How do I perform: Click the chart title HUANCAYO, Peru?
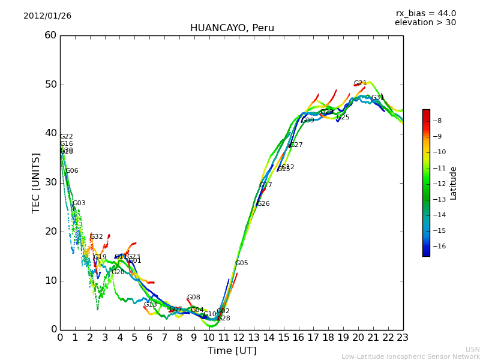[232, 28]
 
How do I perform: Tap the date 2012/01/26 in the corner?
[47, 16]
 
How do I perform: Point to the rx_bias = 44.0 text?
[425, 14]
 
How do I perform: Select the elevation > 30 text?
[425, 23]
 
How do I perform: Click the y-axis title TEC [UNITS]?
[36, 182]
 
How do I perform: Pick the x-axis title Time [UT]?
[232, 351]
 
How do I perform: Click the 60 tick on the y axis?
[50, 35]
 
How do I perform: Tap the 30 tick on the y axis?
[50, 182]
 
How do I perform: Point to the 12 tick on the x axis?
[239, 338]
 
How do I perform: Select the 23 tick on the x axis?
[403, 338]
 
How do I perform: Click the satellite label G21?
[360, 83]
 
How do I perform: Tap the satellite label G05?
[241, 263]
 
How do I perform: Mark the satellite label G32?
[97, 237]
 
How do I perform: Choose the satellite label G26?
[263, 204]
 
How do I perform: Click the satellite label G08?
[193, 298]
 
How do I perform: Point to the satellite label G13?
[150, 305]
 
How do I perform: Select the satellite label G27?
[296, 145]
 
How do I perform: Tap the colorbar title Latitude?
[454, 183]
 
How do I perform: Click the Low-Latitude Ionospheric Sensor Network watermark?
[410, 356]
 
